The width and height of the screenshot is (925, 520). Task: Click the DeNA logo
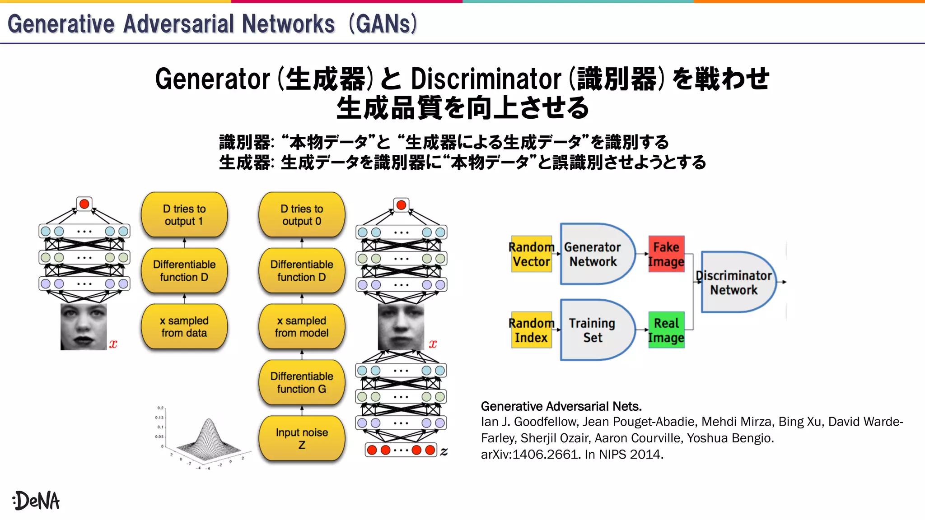(x=36, y=501)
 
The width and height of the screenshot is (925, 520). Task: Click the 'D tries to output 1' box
(x=184, y=215)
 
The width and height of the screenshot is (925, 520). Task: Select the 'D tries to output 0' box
(x=302, y=215)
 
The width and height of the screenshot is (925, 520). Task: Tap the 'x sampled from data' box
(x=184, y=326)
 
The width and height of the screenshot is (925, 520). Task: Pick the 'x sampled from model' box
(x=302, y=326)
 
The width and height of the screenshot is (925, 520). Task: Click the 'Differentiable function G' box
(x=302, y=382)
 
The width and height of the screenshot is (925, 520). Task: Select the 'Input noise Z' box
(x=302, y=438)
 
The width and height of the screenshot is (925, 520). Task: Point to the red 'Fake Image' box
(x=666, y=254)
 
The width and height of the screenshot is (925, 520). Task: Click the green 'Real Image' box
(x=666, y=330)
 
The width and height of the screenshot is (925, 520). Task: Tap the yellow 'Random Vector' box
(x=532, y=254)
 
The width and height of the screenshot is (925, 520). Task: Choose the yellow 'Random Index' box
(x=532, y=330)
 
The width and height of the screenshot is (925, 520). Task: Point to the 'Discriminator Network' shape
(x=735, y=283)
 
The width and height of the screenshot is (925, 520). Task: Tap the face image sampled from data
(x=84, y=326)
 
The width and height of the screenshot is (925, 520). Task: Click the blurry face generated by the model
(x=401, y=326)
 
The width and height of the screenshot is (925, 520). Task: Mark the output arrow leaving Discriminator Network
(x=782, y=282)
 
